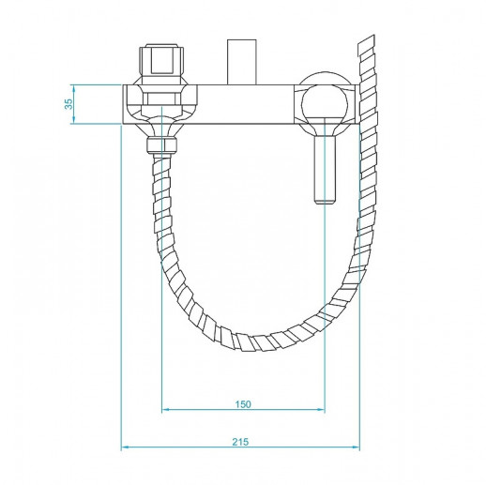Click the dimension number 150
(x=243, y=404)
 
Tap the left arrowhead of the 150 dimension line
(x=166, y=411)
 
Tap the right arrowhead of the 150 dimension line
(x=321, y=411)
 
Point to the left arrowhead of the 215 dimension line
(x=126, y=447)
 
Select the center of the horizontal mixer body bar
(x=235, y=104)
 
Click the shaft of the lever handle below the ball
(x=323, y=164)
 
